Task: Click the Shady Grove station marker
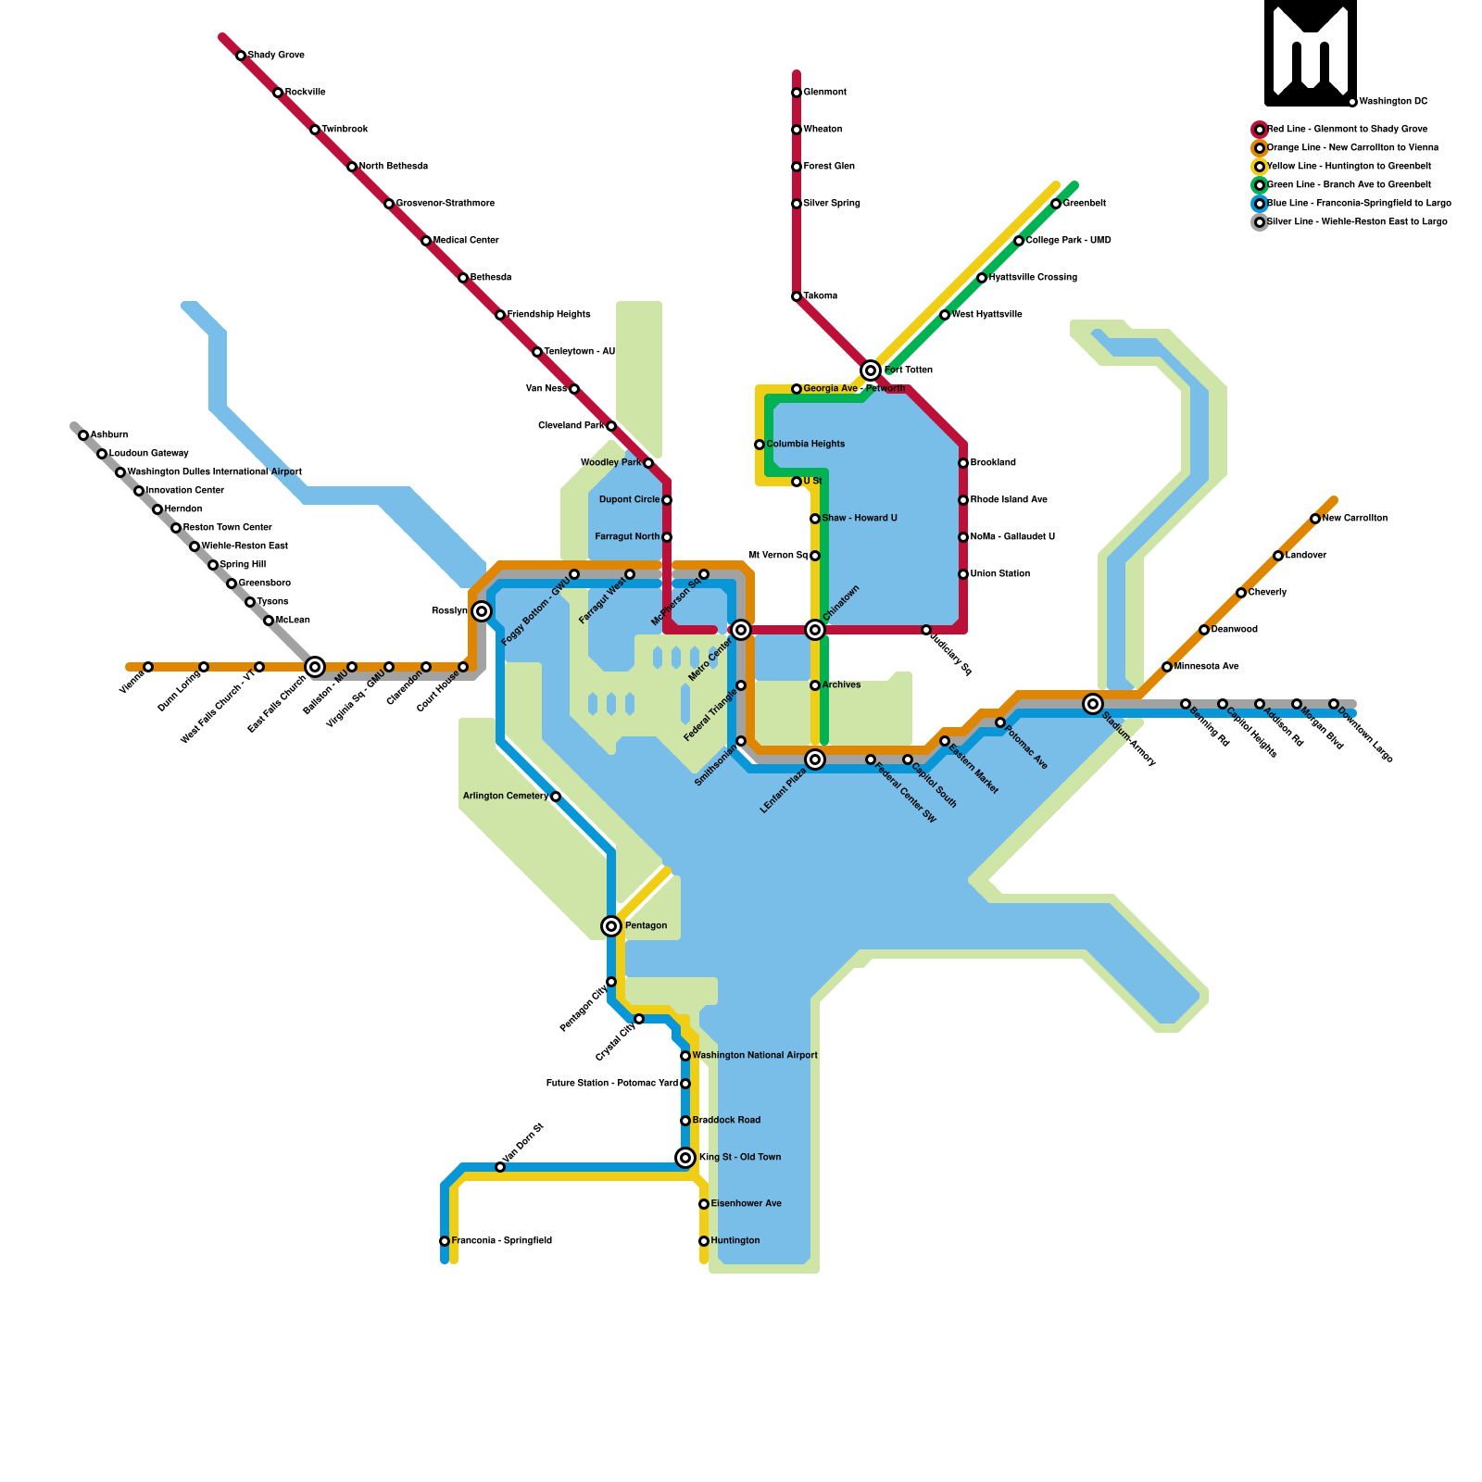click(241, 56)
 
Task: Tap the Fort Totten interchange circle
click(871, 370)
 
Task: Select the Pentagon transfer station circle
click(611, 926)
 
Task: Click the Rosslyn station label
click(449, 611)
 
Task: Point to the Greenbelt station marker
click(1056, 204)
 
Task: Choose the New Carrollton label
click(1354, 519)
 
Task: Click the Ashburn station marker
click(83, 435)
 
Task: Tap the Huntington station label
click(735, 1241)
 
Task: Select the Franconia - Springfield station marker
click(445, 1241)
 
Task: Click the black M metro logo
click(1311, 53)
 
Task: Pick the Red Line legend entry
click(1347, 130)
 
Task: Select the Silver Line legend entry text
click(1356, 222)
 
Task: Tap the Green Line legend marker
click(1260, 185)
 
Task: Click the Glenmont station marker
click(797, 93)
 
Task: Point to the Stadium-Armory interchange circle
click(1093, 704)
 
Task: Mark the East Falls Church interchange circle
click(315, 667)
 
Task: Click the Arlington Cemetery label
click(505, 797)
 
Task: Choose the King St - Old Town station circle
click(685, 1158)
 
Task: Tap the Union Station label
click(1000, 574)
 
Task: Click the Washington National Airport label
click(754, 1056)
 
